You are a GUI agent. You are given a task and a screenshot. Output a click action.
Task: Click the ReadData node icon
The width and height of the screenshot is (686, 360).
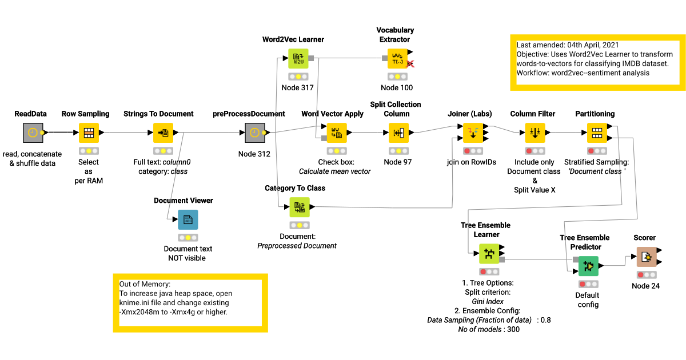(33, 133)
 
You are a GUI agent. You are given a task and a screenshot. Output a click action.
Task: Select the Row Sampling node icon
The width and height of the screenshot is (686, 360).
(89, 133)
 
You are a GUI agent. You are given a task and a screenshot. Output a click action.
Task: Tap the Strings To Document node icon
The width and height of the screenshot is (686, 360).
(163, 133)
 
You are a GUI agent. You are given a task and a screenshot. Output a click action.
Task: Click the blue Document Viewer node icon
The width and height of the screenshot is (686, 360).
(188, 219)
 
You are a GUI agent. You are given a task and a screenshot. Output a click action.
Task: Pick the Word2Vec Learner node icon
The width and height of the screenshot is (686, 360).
(298, 58)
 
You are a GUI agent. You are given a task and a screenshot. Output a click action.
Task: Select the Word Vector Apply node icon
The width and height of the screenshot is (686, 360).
(336, 133)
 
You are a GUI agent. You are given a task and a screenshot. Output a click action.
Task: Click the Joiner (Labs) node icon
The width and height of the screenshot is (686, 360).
(473, 133)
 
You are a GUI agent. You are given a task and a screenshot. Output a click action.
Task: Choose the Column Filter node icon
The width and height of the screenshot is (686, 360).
(535, 133)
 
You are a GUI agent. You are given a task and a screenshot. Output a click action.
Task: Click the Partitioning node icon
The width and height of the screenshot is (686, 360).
(597, 133)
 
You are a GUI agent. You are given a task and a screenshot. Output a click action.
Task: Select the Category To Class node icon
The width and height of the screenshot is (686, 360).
(299, 207)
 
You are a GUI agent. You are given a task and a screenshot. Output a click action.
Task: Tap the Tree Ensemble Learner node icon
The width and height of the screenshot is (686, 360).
(489, 253)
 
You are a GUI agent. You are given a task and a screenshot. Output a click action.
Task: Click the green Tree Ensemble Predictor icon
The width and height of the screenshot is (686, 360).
(588, 266)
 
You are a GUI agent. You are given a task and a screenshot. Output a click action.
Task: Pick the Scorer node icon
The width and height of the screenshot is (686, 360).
(646, 257)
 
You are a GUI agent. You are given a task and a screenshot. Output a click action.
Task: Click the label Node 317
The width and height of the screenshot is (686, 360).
(298, 87)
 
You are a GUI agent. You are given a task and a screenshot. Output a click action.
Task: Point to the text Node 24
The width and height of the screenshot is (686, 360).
(645, 286)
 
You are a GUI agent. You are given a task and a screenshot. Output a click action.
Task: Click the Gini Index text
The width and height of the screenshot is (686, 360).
(488, 301)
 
